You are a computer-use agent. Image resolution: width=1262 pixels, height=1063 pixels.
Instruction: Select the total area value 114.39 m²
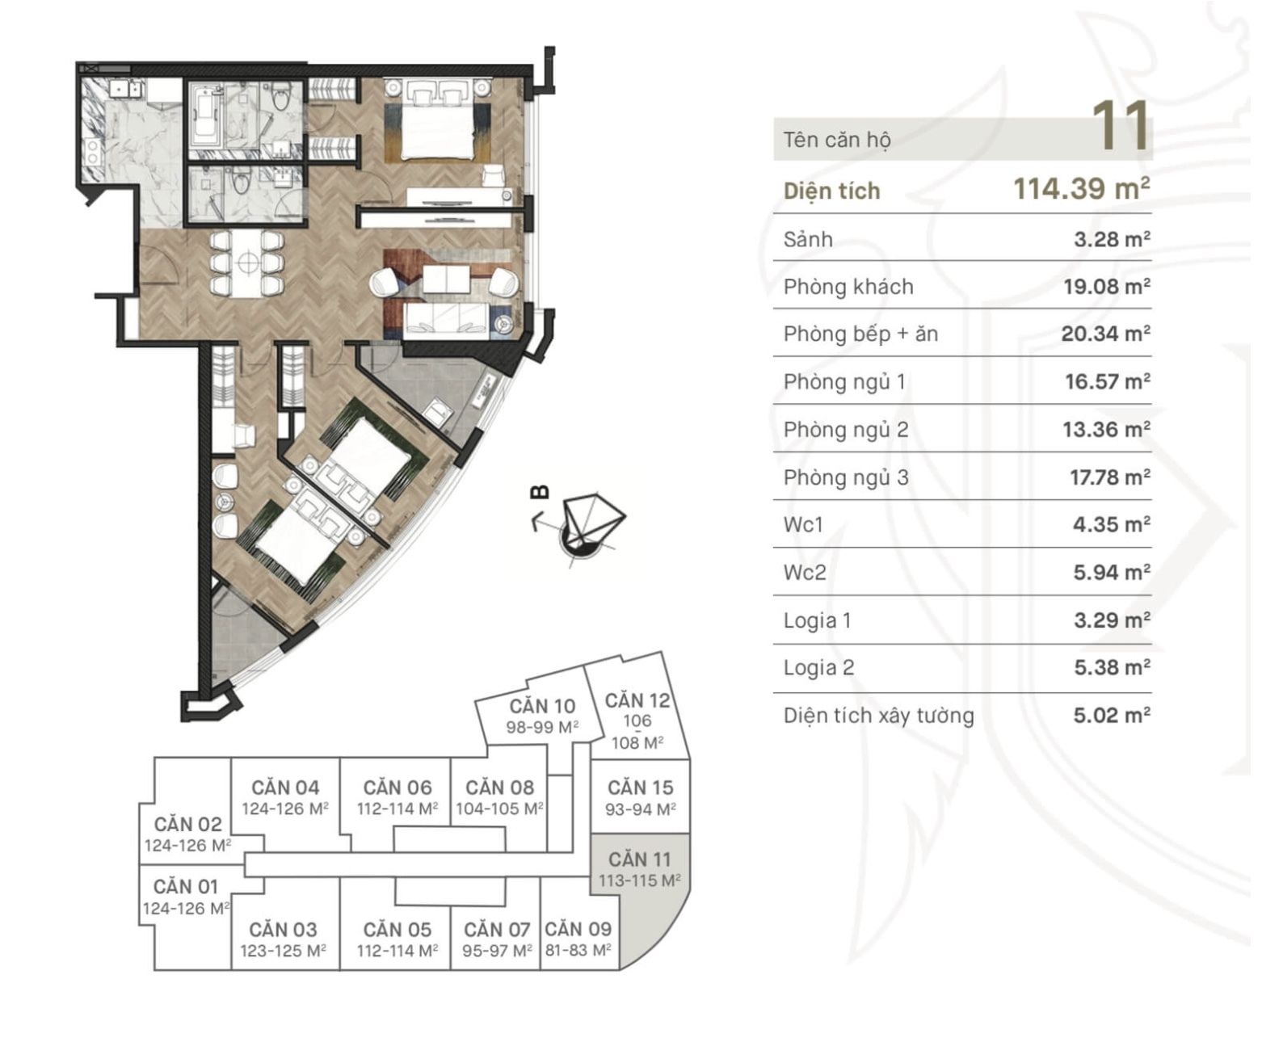click(1081, 188)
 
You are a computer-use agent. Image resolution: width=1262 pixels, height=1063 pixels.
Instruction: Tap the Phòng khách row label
click(848, 287)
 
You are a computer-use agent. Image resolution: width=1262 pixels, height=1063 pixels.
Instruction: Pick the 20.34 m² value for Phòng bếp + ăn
click(1106, 334)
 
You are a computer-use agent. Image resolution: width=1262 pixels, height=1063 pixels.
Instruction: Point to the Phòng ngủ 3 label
click(846, 477)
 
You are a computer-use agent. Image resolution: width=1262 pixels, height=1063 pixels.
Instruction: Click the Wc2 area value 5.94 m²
click(1112, 573)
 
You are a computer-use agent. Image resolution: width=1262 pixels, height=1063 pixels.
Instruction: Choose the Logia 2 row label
click(819, 668)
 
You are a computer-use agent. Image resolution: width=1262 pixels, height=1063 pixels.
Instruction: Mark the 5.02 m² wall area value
click(1112, 716)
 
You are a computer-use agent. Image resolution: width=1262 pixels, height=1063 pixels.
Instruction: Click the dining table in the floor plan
click(247, 263)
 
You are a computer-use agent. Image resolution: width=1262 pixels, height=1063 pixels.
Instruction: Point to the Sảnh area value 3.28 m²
click(1112, 239)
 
